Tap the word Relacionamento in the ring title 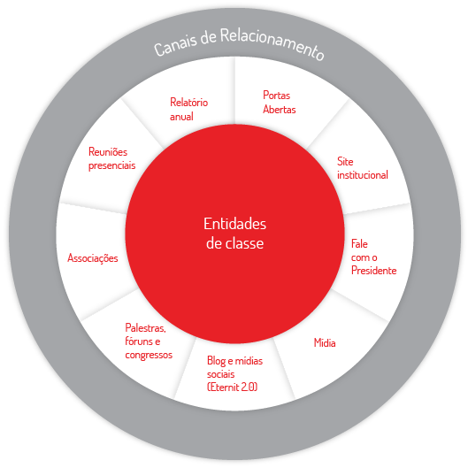coord(272,42)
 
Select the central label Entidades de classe coord(235,234)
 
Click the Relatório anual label coord(188,109)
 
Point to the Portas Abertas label coord(279,102)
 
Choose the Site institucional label coord(363,168)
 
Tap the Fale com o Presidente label coord(373,257)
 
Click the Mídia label coord(325,342)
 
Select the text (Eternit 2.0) coord(232,387)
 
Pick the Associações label coord(93,257)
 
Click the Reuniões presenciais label coord(112,158)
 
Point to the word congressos coord(149,355)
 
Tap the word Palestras coord(145,328)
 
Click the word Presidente coord(373,270)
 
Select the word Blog coord(217,361)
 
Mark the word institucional coord(363,174)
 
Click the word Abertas coord(279,109)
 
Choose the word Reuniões coord(108,152)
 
